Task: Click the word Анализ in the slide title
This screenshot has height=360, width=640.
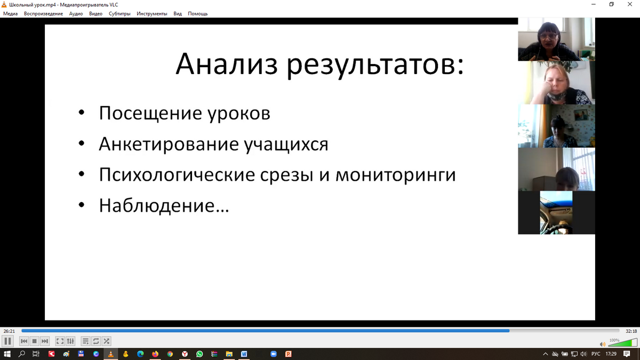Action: (x=227, y=64)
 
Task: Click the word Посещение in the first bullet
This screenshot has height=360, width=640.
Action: (x=150, y=114)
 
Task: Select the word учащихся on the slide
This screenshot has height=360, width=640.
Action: (x=286, y=145)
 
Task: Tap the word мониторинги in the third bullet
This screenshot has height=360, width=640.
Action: (x=395, y=175)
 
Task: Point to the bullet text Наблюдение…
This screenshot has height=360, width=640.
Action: (x=164, y=206)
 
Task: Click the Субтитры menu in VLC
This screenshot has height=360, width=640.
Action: (x=119, y=14)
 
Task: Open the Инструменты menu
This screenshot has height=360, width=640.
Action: (x=151, y=14)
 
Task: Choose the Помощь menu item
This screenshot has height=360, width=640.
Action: (x=198, y=14)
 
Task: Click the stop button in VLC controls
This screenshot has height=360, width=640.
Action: (x=34, y=341)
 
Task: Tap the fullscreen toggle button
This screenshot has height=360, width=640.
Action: (x=60, y=341)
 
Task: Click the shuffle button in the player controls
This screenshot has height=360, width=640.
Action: (x=106, y=341)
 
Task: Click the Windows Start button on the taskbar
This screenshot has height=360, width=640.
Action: (x=7, y=354)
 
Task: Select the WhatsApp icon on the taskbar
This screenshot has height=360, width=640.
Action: (x=199, y=354)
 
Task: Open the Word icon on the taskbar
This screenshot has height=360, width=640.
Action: (x=244, y=354)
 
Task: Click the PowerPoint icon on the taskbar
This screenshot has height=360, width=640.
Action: (x=289, y=354)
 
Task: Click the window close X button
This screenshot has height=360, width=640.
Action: (x=630, y=4)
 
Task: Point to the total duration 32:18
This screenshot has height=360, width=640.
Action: (x=631, y=331)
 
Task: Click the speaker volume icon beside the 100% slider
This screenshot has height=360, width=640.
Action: (x=602, y=345)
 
